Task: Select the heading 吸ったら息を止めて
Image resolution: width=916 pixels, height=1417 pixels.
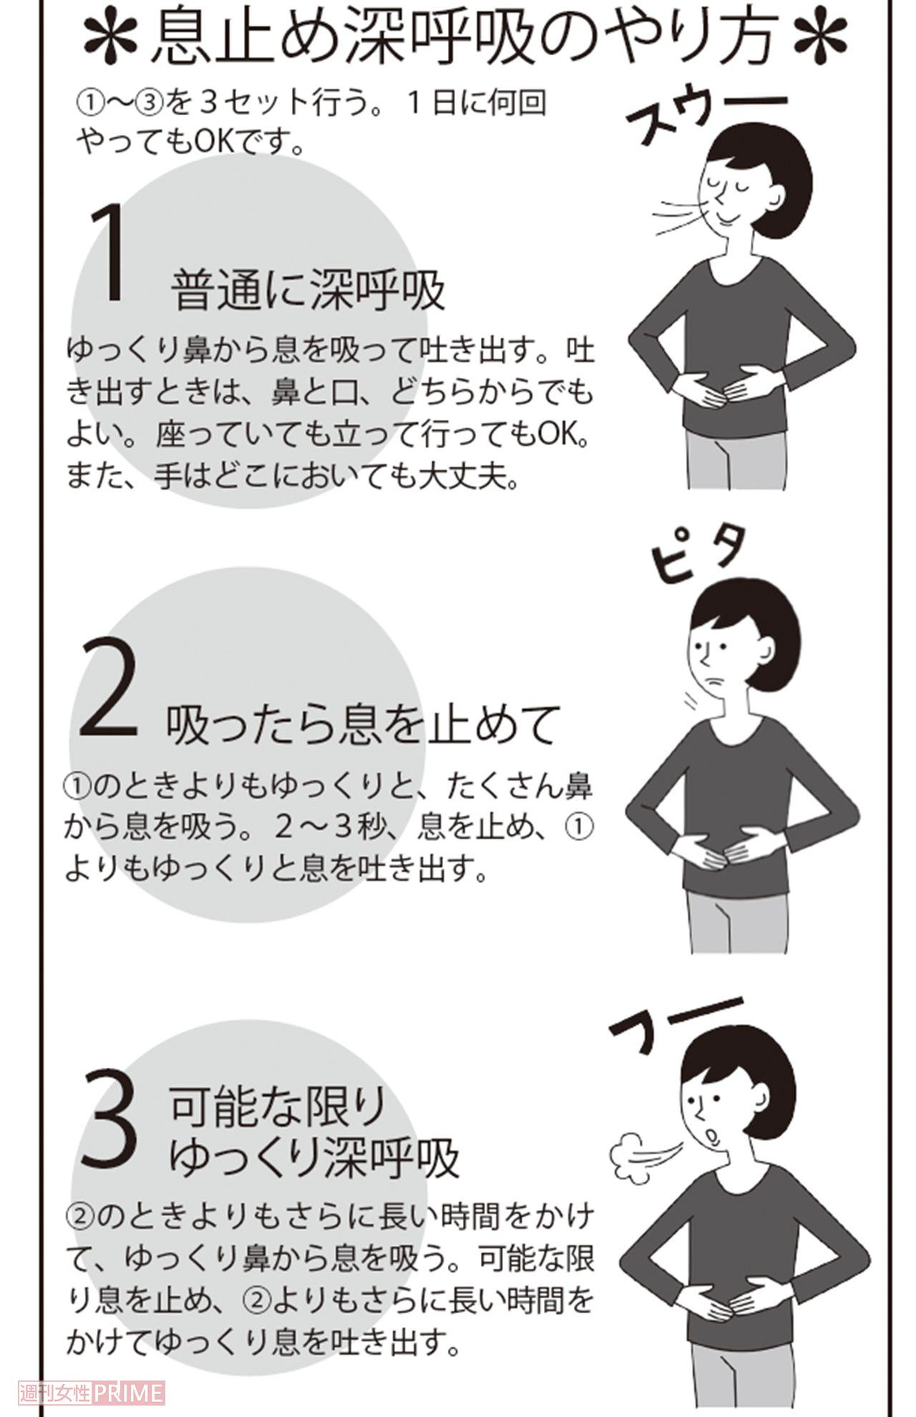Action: click(361, 725)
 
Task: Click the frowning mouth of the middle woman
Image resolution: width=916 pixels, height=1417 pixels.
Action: click(710, 680)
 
